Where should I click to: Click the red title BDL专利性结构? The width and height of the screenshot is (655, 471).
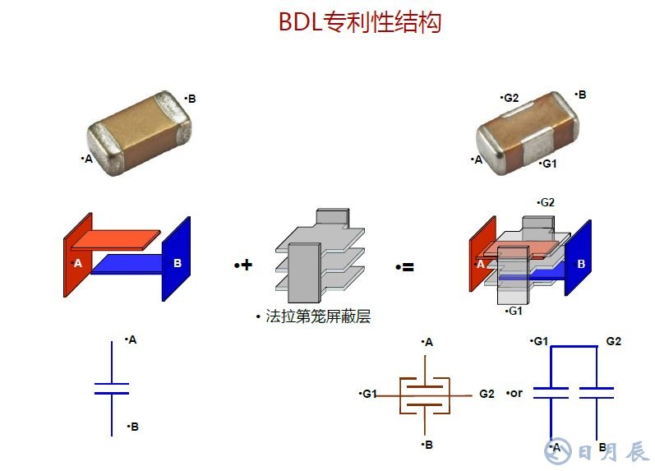click(360, 21)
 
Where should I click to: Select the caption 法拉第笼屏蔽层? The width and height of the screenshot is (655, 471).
click(318, 316)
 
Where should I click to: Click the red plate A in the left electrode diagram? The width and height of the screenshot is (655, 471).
click(78, 256)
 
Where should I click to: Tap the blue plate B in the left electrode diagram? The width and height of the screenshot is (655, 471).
click(176, 259)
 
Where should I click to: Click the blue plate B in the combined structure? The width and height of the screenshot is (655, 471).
click(578, 258)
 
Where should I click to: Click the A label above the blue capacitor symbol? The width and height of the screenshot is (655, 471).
click(132, 339)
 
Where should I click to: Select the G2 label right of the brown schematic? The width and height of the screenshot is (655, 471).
click(487, 394)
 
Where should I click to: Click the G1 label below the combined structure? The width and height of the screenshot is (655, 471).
click(515, 311)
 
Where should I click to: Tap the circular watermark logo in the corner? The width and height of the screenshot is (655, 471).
click(558, 450)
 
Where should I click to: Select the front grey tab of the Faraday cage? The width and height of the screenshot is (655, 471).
click(304, 274)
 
